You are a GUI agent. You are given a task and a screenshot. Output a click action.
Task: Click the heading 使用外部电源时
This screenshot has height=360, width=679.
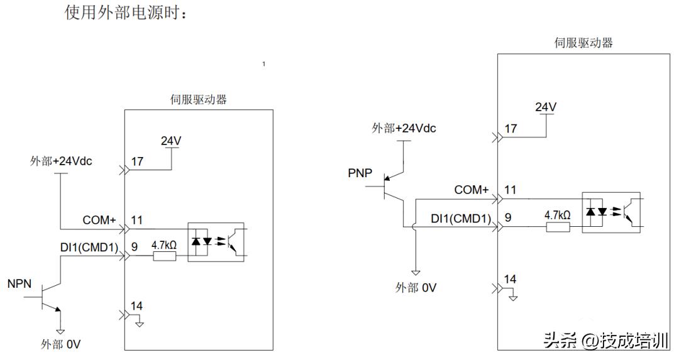(126, 12)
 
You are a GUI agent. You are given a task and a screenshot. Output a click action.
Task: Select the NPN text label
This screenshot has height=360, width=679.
(19, 285)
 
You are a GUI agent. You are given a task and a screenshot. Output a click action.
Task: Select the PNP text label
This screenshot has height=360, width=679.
(360, 173)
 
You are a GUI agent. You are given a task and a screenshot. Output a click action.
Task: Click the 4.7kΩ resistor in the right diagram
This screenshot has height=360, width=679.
(557, 226)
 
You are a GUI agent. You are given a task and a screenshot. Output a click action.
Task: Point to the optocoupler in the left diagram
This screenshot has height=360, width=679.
(216, 242)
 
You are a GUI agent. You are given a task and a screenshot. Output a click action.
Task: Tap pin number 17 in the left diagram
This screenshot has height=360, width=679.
(137, 161)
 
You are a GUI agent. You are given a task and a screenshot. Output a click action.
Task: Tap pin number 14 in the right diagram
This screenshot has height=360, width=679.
(511, 279)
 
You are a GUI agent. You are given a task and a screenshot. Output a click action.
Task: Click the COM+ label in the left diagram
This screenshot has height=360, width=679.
(99, 221)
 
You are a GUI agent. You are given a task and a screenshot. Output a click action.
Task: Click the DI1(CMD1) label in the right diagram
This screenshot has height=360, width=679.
(460, 218)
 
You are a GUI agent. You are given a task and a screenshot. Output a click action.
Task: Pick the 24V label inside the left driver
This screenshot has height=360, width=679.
(171, 141)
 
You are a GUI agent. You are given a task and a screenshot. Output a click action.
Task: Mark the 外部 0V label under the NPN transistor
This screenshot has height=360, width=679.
(61, 344)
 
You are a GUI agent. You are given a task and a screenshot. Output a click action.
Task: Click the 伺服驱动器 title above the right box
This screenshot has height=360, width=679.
(583, 43)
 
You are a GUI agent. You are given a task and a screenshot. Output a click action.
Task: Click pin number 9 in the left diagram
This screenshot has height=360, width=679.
(135, 246)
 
